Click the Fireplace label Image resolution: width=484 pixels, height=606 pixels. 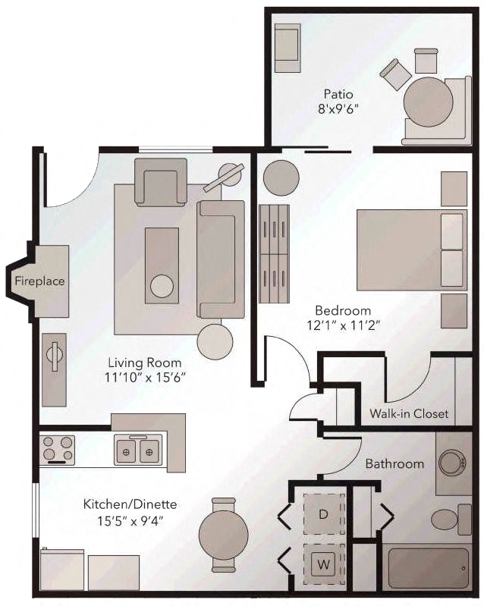39,281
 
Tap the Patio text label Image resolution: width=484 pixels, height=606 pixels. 338,95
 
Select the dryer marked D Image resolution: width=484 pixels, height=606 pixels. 323,514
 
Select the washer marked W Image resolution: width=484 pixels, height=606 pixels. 323,564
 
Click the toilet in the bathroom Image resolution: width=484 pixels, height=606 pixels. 446,521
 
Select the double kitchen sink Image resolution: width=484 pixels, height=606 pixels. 139,451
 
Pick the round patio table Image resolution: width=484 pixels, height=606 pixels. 429,102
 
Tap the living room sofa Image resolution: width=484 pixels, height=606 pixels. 221,259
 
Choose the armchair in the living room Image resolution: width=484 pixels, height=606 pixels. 161,183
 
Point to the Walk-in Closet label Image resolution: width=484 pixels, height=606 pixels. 409,414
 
